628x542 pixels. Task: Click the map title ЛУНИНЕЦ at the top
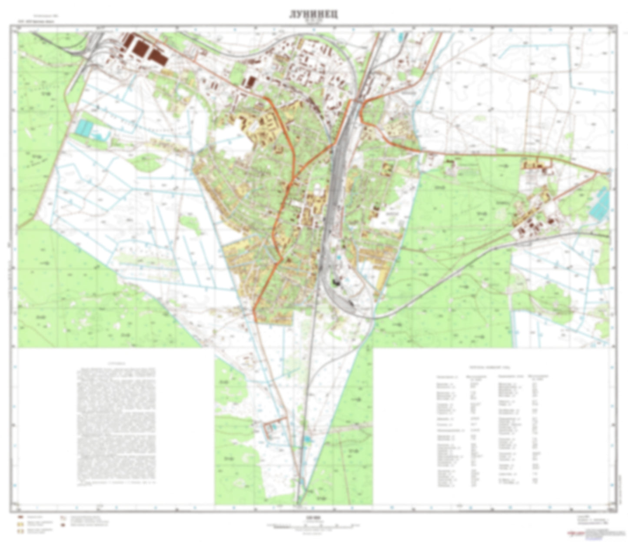[314, 14]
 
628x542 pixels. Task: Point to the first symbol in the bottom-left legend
[20, 517]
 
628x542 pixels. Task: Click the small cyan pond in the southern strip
[308, 440]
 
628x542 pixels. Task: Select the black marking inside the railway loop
[336, 282]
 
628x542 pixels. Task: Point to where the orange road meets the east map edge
[608, 174]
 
